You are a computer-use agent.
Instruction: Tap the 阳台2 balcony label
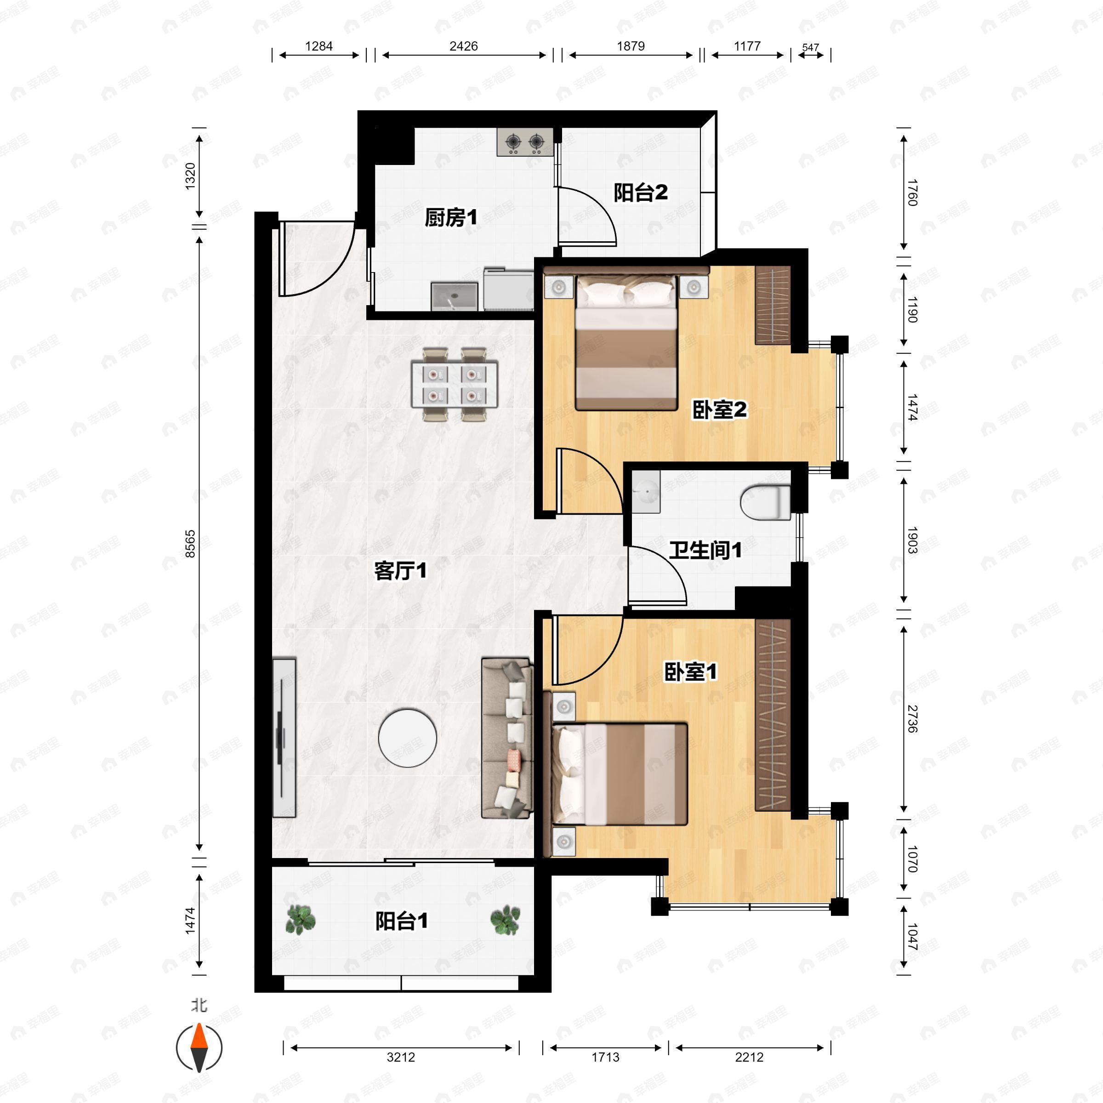coord(641,193)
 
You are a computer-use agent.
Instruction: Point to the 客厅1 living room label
coord(400,570)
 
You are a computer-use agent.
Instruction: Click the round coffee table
coord(408,738)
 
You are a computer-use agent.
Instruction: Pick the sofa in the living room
coord(507,738)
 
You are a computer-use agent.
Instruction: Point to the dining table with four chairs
coord(455,384)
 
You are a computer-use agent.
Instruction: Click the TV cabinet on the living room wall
coord(284,738)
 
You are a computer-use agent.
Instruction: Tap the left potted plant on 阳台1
coord(300,920)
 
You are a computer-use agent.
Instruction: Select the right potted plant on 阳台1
coord(505,920)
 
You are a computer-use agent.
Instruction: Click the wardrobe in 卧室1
coord(773,715)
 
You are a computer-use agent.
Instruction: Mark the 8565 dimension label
coord(190,544)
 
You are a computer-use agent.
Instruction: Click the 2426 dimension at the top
coord(464,46)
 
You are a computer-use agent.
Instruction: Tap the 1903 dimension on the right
coord(912,540)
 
